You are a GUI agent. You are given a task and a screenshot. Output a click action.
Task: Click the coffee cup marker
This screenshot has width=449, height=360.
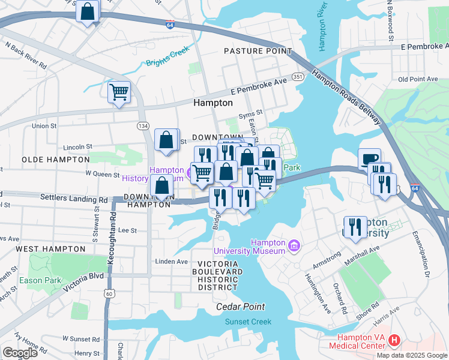tap(369, 159)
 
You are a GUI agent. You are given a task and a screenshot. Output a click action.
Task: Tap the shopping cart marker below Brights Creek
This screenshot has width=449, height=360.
tap(119, 92)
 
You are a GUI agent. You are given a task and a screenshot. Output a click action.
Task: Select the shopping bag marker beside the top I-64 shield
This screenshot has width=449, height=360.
tap(88, 12)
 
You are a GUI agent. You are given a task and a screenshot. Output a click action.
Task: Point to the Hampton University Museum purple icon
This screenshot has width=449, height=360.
tap(294, 246)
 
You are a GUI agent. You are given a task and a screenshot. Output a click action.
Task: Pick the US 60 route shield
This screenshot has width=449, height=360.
tap(109, 293)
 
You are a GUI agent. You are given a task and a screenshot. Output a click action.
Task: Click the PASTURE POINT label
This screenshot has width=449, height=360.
tap(258, 52)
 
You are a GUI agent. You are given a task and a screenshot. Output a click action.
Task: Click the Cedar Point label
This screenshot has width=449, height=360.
tap(240, 307)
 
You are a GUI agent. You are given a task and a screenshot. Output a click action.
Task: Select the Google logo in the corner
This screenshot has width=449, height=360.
tap(20, 353)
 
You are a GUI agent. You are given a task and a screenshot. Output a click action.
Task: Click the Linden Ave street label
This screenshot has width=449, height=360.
tap(172, 262)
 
